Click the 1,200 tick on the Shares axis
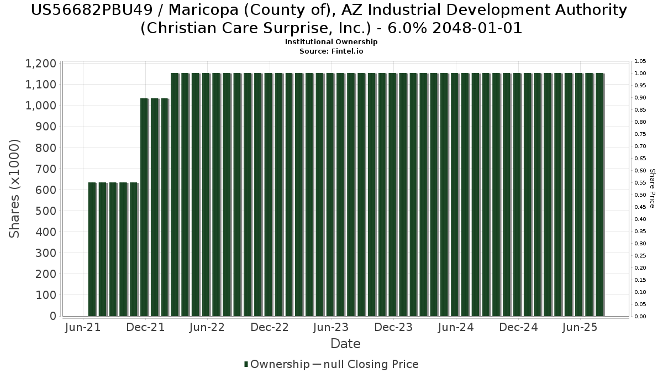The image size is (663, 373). (x=41, y=64)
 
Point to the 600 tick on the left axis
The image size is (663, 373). (x=46, y=190)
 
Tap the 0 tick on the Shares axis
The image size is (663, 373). (x=53, y=316)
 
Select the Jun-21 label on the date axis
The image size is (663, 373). (x=83, y=327)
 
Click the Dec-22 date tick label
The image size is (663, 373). (x=270, y=327)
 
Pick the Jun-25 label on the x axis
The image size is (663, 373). (x=580, y=327)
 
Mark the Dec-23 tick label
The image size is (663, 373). (x=393, y=327)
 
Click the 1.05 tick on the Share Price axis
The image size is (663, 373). (x=640, y=61)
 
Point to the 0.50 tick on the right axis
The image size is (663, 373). (x=640, y=195)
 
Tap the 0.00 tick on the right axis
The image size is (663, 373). (x=640, y=317)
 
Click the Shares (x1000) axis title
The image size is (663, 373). (x=14, y=188)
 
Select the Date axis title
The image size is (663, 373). (x=345, y=344)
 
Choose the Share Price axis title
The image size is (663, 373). (x=653, y=188)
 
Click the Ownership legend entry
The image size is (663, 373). (x=277, y=364)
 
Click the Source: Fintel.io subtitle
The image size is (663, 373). (x=331, y=51)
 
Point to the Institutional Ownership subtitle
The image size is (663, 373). (x=331, y=42)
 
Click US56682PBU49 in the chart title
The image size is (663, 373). (x=92, y=10)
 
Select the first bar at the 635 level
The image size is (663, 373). (x=92, y=249)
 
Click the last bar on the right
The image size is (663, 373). (x=600, y=195)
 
